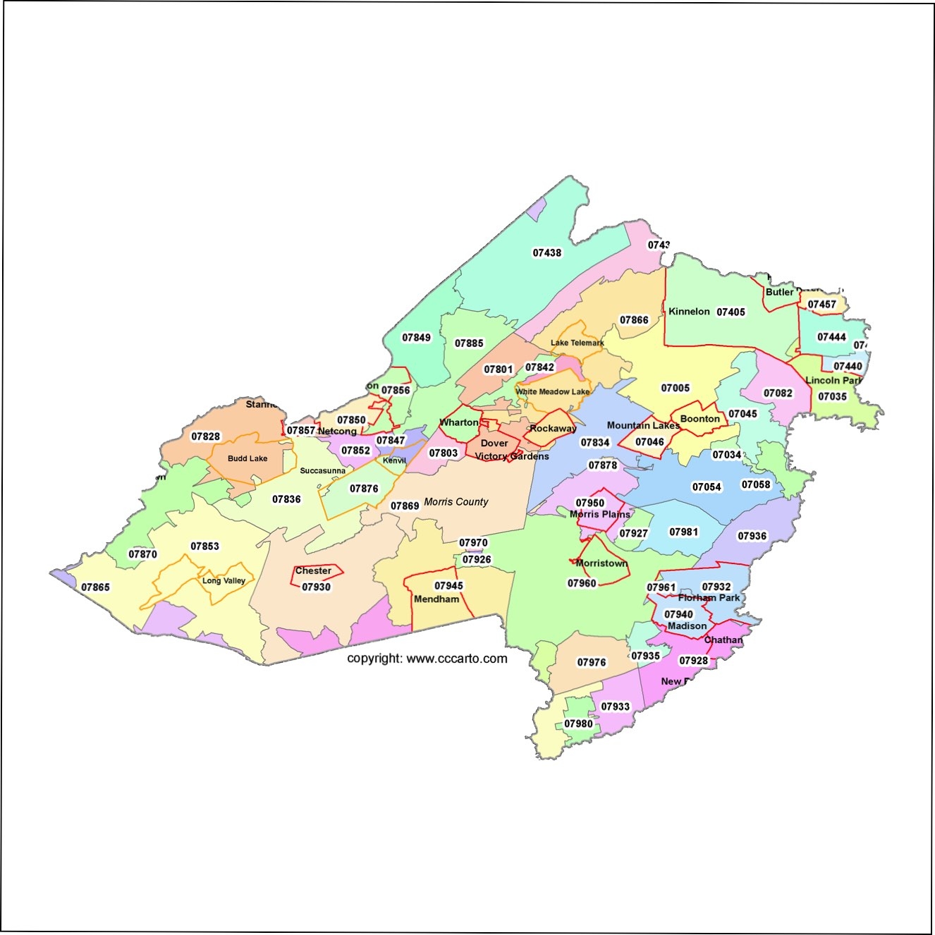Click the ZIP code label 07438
click(x=547, y=252)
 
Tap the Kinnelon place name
click(x=689, y=311)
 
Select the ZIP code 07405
click(x=731, y=312)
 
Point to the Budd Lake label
click(x=248, y=458)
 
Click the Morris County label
click(x=456, y=501)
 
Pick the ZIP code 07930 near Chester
click(x=316, y=587)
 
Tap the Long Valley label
click(x=224, y=580)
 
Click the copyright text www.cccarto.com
click(x=427, y=659)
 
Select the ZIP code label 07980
click(x=578, y=723)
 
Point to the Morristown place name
click(x=601, y=563)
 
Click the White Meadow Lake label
click(x=552, y=391)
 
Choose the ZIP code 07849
click(x=416, y=337)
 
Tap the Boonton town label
click(x=699, y=418)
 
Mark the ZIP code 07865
click(x=95, y=587)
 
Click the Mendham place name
click(x=436, y=599)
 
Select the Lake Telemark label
click(x=577, y=343)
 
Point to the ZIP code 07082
click(x=778, y=393)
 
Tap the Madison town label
click(x=687, y=625)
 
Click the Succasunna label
click(x=322, y=470)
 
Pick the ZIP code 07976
click(x=591, y=662)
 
